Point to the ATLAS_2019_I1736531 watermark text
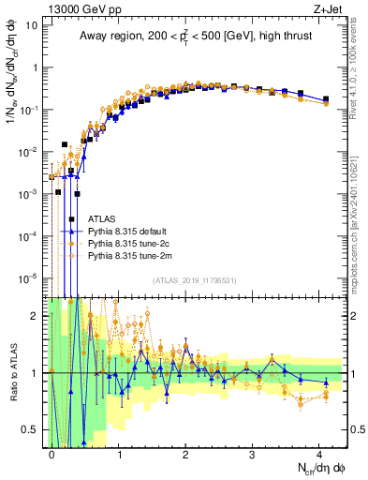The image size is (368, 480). coord(196,280)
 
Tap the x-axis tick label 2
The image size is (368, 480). coord(185,453)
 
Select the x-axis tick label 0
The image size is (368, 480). coord(52,453)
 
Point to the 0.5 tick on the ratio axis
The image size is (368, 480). coord(30,429)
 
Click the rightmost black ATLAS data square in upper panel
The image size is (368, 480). coord(325,98)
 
